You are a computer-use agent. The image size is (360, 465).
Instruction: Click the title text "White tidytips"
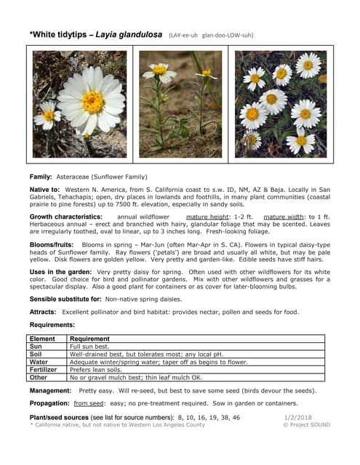click(63, 33)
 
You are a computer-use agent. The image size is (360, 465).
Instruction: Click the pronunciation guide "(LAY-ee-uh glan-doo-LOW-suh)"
click(211, 34)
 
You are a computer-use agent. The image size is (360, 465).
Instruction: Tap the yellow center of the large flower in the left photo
click(93, 102)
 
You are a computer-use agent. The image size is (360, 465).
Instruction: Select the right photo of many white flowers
click(281, 104)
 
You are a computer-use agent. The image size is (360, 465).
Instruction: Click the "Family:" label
click(40, 177)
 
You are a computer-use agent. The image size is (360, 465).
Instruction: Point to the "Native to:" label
click(45, 189)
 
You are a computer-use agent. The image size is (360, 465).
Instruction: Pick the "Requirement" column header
click(89, 339)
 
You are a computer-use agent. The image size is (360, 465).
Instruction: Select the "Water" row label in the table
click(39, 361)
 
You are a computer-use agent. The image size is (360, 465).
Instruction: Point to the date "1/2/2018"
click(297, 418)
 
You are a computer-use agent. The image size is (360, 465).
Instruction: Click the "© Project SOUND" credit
click(306, 425)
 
